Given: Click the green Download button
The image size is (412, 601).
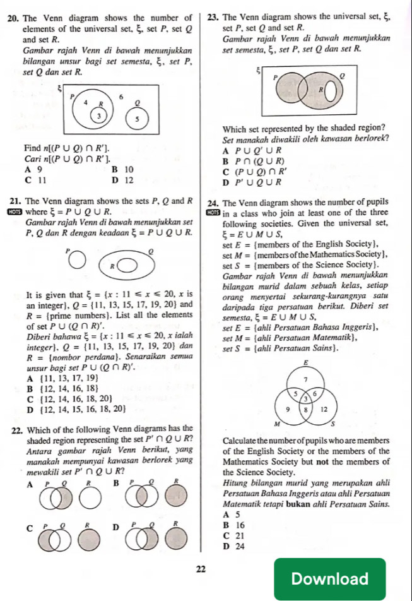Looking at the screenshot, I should pos(339,578).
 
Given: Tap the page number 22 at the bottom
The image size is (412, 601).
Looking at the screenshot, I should pos(201,569).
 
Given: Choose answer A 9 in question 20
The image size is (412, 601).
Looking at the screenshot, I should pos(31,169).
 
